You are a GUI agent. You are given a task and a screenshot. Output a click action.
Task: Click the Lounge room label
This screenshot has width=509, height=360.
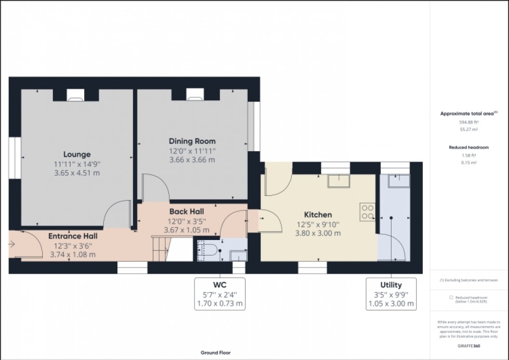pyautogui.click(x=77, y=154)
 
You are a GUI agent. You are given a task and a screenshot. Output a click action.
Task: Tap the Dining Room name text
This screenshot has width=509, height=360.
pyautogui.click(x=192, y=141)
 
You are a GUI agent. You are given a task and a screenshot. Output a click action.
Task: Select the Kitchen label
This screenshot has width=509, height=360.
pyautogui.click(x=318, y=215)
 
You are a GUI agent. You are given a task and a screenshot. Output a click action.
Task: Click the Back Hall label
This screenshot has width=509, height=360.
pyautogui.click(x=186, y=211)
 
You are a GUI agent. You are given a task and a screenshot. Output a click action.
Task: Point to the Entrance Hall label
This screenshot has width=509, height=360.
pyautogui.click(x=73, y=236)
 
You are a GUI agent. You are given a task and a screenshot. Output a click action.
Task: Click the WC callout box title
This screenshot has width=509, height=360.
pyautogui.click(x=218, y=285)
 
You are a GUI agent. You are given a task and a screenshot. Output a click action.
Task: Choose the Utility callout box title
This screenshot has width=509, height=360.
pyautogui.click(x=391, y=285)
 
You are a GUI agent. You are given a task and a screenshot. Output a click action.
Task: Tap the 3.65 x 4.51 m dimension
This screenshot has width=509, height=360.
pyautogui.click(x=77, y=173)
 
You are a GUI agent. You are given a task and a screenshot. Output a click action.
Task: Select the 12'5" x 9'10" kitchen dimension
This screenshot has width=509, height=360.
pyautogui.click(x=318, y=224)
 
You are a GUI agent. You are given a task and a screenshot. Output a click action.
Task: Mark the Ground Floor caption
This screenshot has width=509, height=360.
pyautogui.click(x=216, y=353)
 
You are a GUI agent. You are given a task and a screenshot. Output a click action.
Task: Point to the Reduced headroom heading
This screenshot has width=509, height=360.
pyautogui.click(x=469, y=148)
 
